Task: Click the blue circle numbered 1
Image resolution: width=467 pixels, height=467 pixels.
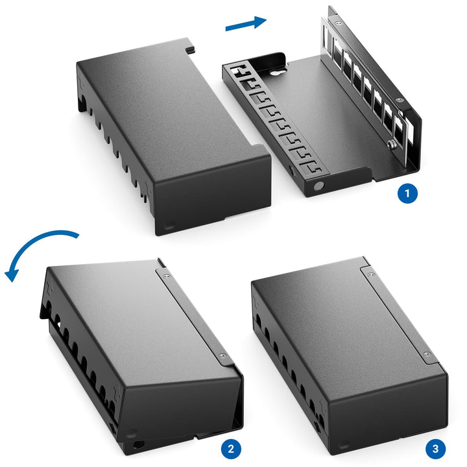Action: pyautogui.click(x=407, y=193)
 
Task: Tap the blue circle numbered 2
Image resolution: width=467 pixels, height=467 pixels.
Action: pyautogui.click(x=231, y=449)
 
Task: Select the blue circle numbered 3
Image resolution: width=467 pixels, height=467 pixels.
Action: pyautogui.click(x=435, y=449)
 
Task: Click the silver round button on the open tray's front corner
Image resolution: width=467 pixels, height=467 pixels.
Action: pyautogui.click(x=318, y=186)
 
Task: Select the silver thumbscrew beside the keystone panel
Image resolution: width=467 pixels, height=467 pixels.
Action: pyautogui.click(x=391, y=145)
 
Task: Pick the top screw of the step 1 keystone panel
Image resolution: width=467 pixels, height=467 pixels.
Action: pyautogui.click(x=337, y=23)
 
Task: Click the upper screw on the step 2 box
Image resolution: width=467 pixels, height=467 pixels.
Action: pyautogui.click(x=167, y=276)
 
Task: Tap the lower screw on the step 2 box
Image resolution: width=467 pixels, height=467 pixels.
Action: pyautogui.click(x=222, y=355)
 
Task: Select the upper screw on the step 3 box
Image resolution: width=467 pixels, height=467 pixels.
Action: pyautogui.click(x=371, y=274)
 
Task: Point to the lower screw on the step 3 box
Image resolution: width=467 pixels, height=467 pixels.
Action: pyautogui.click(x=426, y=354)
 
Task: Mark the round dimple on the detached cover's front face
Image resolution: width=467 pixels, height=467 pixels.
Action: pyautogui.click(x=169, y=226)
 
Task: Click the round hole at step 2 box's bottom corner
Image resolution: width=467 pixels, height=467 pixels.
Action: pyautogui.click(x=138, y=445)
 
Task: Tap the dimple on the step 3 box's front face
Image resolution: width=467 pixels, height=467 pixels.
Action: pyautogui.click(x=344, y=446)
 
